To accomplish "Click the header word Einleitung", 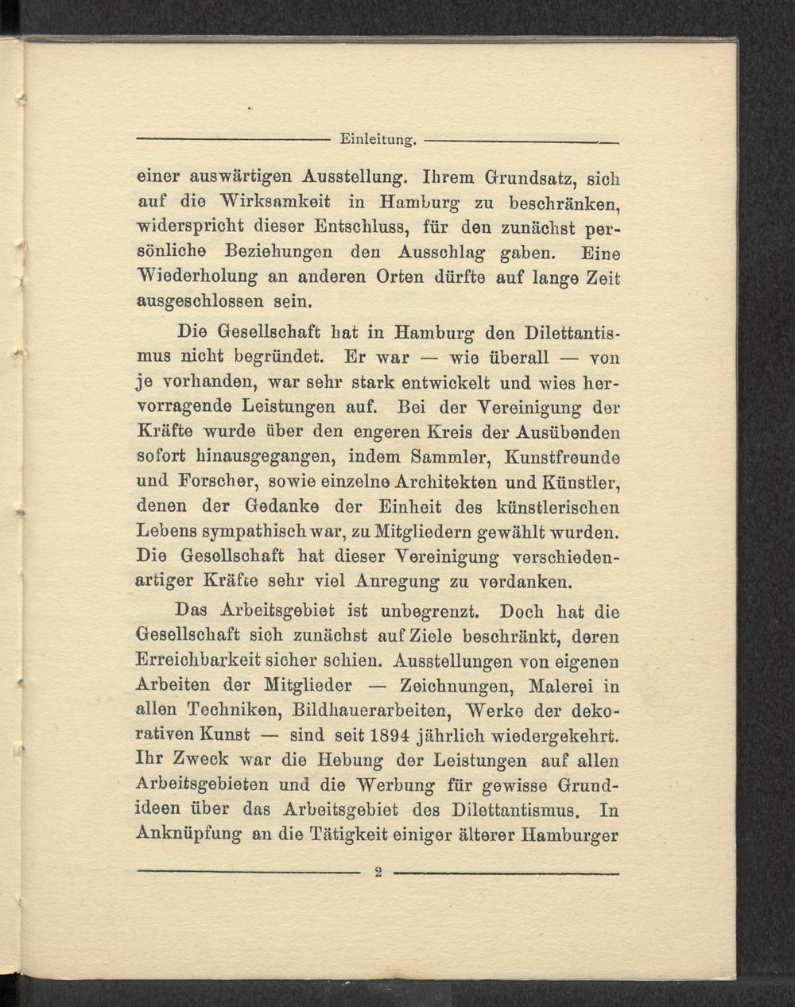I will click(x=377, y=140).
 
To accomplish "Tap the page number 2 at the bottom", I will click(x=378, y=873).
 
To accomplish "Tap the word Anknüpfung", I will click(x=189, y=835).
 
